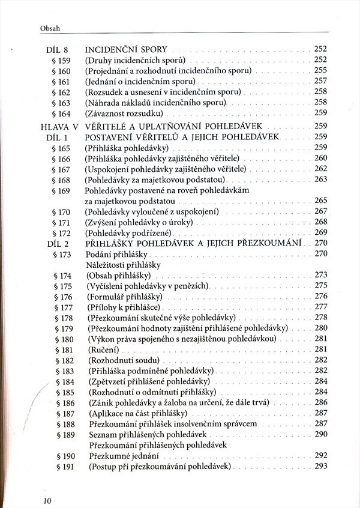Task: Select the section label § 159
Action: (62, 60)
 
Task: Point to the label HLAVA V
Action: (60, 126)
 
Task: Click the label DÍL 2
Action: (58, 244)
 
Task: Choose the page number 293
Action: (320, 467)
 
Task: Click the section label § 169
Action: (62, 190)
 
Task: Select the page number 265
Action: (320, 201)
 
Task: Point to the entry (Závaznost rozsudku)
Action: (125, 113)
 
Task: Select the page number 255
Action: (320, 71)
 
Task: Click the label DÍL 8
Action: (58, 49)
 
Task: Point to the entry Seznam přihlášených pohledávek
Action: (147, 434)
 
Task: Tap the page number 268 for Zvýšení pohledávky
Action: (320, 222)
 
